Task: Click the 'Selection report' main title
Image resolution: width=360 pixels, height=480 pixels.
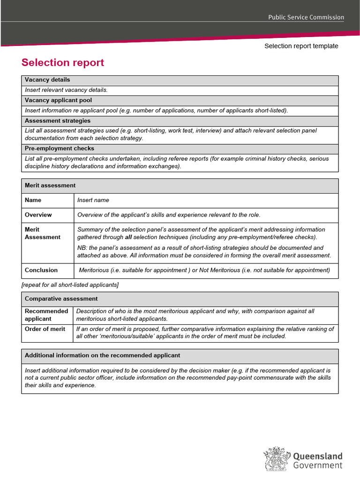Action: pos(63,63)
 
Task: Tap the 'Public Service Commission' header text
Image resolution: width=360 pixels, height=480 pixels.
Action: pos(306,17)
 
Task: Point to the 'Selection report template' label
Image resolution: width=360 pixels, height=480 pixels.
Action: pos(301,46)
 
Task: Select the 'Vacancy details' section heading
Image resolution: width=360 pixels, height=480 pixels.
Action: pos(47,80)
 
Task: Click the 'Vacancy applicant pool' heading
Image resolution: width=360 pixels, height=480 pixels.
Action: pos(58,100)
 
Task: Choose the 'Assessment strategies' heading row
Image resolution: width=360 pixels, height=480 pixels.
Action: pos(58,120)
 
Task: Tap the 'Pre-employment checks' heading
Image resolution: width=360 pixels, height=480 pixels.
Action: pos(60,148)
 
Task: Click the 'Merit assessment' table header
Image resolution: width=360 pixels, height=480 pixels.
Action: pos(50,185)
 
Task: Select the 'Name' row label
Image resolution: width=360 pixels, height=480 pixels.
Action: pos(33,200)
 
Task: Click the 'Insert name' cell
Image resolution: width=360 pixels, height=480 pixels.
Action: pos(93,200)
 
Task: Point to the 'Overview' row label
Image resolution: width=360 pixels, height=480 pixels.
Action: pos(38,215)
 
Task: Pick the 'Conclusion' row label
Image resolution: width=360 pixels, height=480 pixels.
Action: pos(41,270)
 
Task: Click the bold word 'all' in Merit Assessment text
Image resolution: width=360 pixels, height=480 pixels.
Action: pos(128,237)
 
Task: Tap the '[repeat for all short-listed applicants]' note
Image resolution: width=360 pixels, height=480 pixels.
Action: pos(70,285)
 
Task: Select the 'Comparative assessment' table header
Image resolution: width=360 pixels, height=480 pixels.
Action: pos(61,299)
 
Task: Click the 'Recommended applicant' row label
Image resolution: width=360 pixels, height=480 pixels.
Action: pos(46,315)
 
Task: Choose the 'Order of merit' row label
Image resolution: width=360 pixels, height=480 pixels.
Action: pos(45,329)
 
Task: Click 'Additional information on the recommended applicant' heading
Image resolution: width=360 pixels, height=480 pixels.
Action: pos(102,355)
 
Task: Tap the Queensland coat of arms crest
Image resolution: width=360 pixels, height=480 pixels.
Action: pos(276,459)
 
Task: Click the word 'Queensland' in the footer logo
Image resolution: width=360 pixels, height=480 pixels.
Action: pos(318,456)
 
